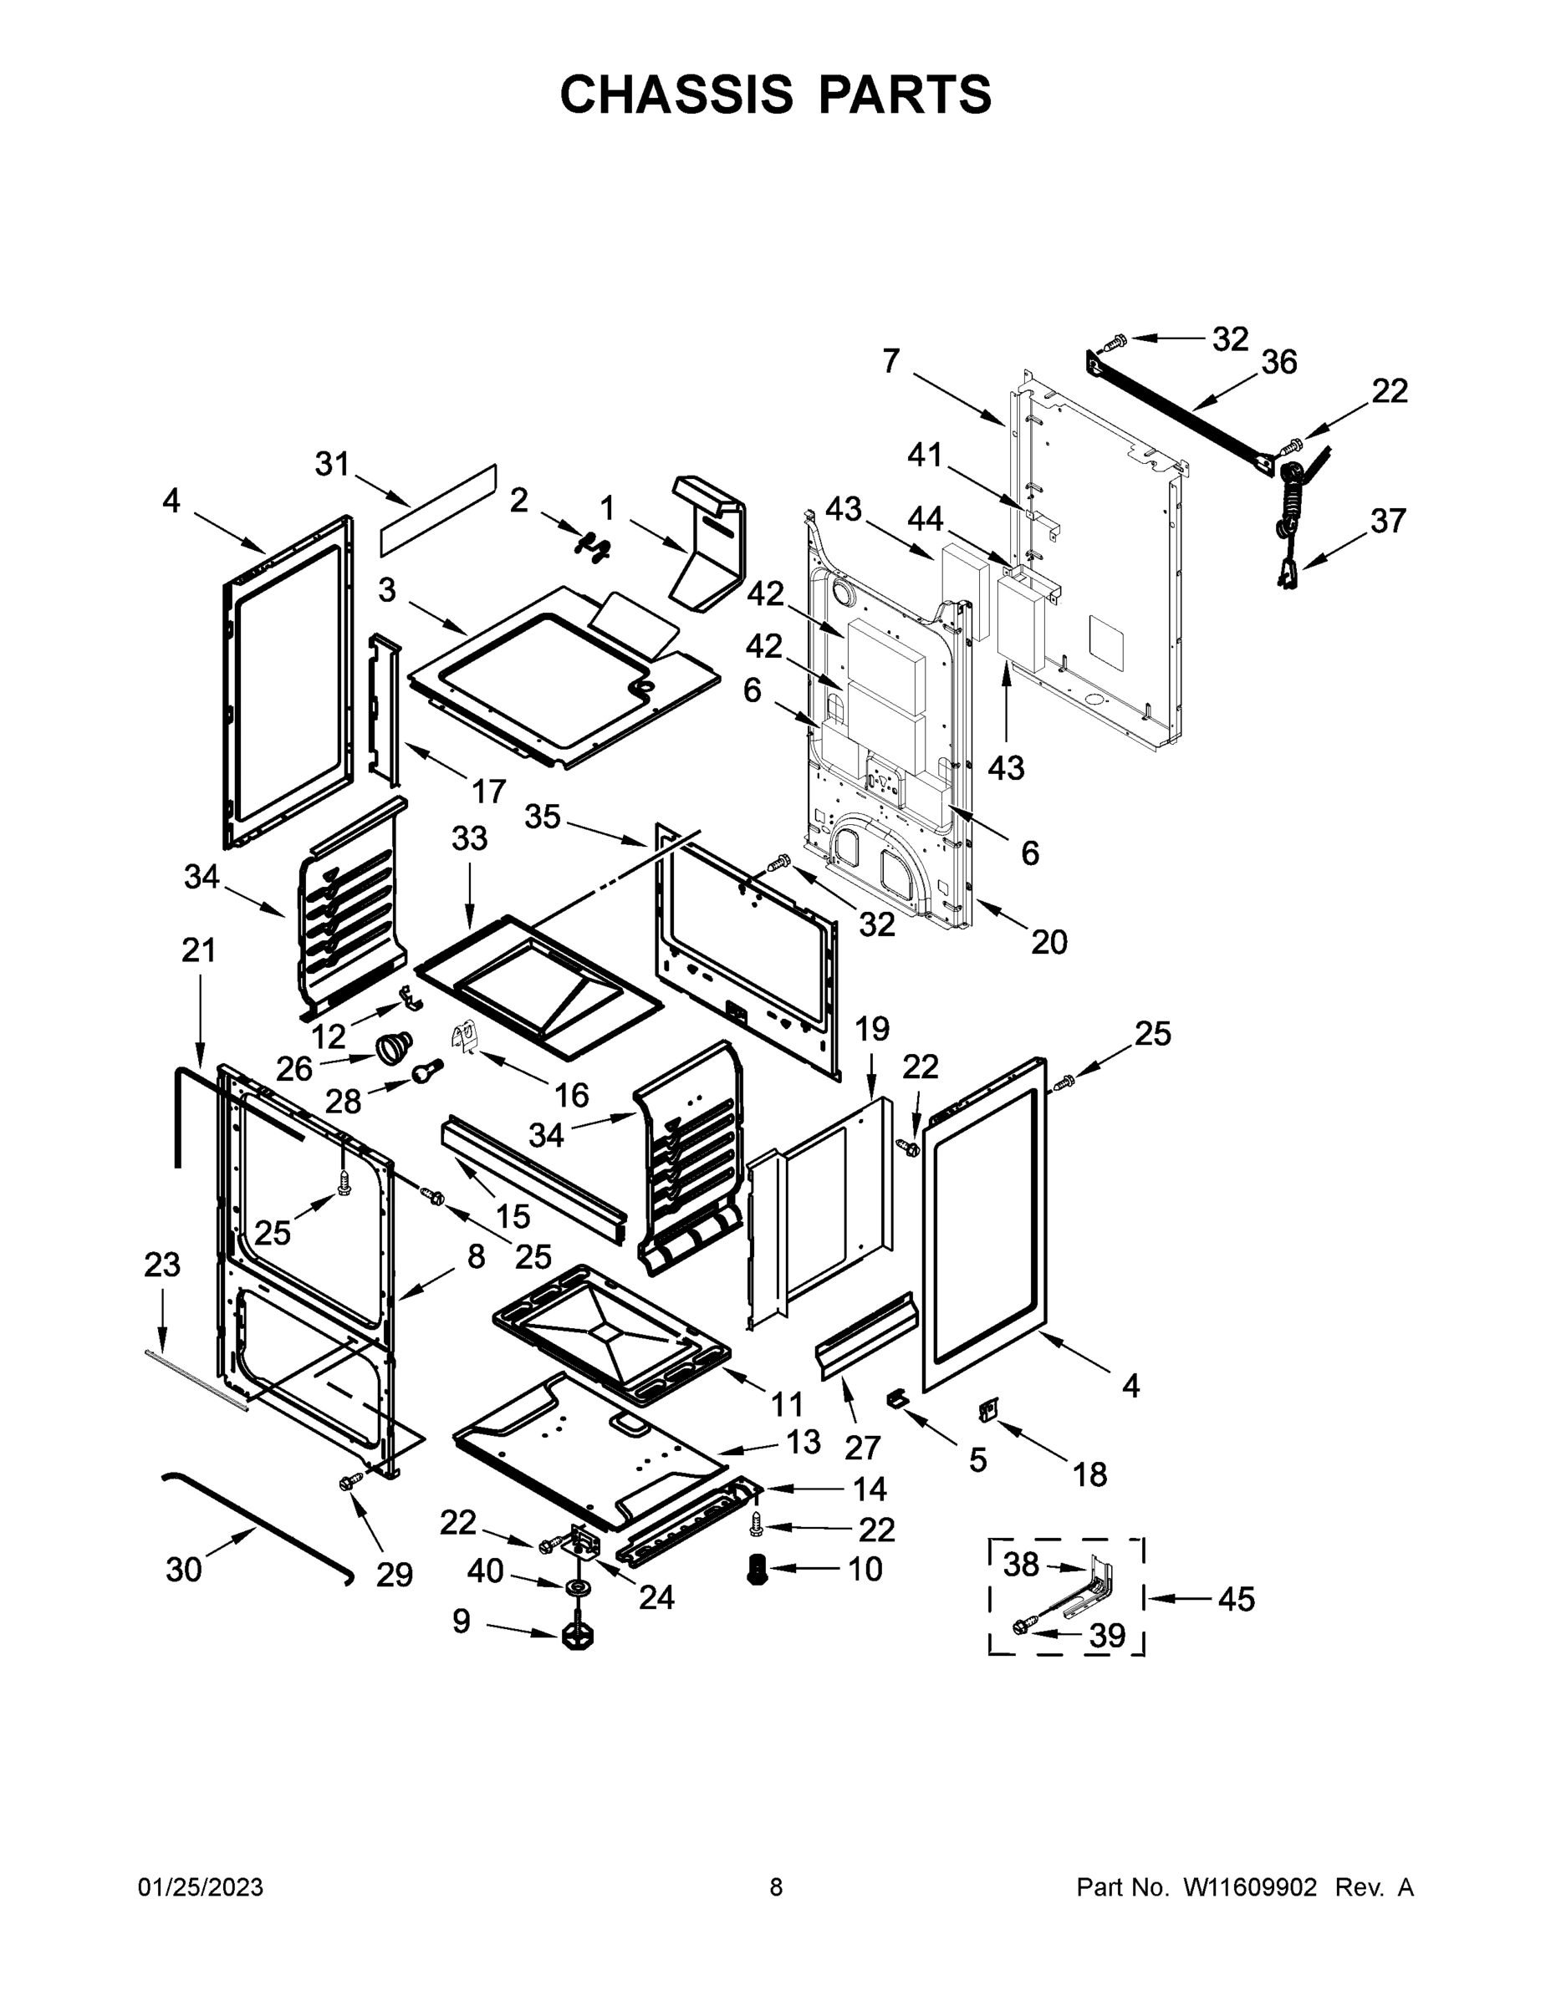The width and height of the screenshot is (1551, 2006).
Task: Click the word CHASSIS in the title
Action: click(676, 94)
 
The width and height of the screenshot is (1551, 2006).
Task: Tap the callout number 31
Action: click(332, 464)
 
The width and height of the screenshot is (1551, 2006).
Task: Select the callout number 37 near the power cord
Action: click(1387, 521)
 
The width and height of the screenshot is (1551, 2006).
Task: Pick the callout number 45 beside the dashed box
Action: click(1236, 1599)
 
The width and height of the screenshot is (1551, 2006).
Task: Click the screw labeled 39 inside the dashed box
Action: click(1021, 1627)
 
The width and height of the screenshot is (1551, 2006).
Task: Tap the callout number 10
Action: click(865, 1569)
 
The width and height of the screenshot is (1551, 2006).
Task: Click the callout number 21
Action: click(198, 950)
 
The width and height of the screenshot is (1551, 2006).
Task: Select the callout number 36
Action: click(1278, 363)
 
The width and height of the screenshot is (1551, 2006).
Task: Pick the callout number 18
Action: click(1089, 1475)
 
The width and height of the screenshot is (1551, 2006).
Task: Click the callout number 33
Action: click(470, 838)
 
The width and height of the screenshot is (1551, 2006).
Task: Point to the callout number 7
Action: click(890, 361)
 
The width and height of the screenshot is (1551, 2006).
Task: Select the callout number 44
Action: click(925, 519)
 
